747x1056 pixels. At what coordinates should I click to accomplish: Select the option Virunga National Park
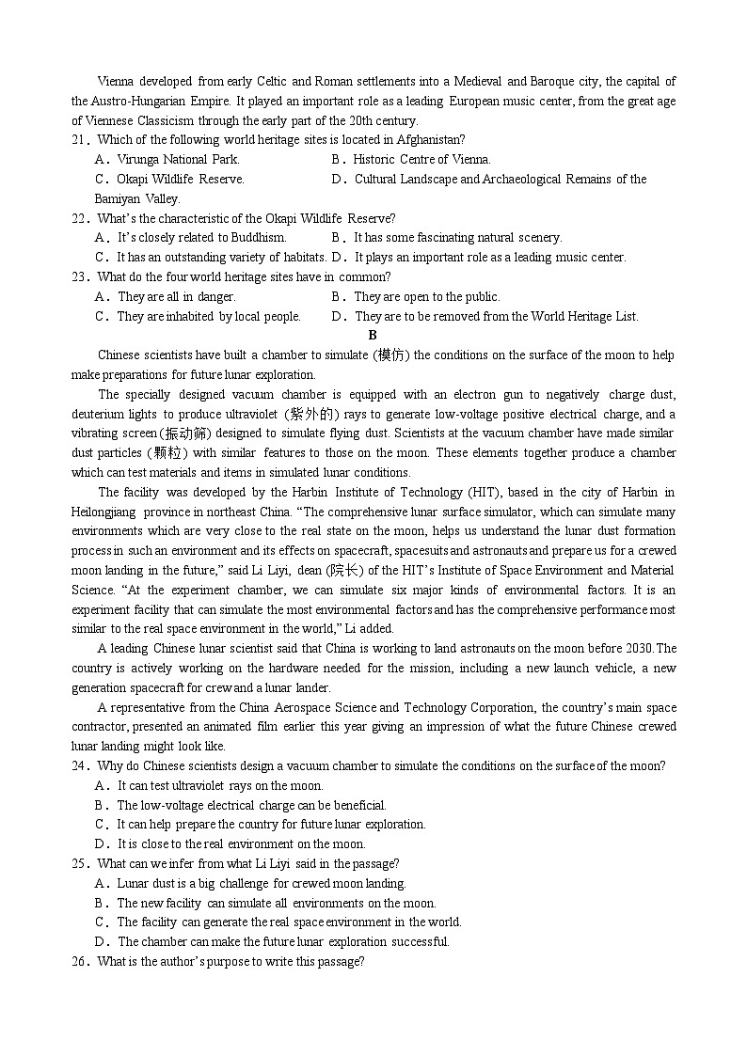click(x=178, y=160)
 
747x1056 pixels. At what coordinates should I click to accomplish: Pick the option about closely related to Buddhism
click(x=201, y=238)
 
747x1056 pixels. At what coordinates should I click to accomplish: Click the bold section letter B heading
click(x=373, y=336)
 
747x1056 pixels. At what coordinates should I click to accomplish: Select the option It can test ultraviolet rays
click(x=219, y=786)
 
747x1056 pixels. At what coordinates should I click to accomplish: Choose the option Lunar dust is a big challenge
click(x=261, y=884)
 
